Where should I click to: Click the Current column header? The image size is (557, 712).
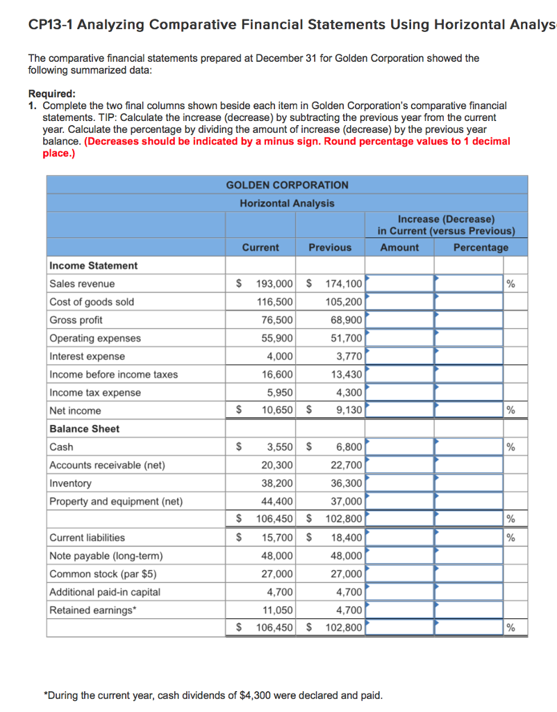pyautogui.click(x=260, y=248)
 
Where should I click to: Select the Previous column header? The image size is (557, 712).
pyautogui.click(x=330, y=248)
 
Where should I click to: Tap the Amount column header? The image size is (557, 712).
pyautogui.click(x=399, y=248)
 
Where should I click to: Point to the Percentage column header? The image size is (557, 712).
pyautogui.click(x=481, y=248)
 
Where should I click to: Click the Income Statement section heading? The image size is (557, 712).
pyautogui.click(x=93, y=266)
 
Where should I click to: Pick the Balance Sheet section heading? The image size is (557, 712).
pyautogui.click(x=84, y=429)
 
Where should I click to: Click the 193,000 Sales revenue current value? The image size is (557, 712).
pyautogui.click(x=274, y=284)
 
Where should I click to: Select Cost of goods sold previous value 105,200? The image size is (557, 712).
pyautogui.click(x=343, y=302)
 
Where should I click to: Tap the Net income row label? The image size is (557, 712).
pyautogui.click(x=75, y=411)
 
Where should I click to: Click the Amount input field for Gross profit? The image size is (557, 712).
pyautogui.click(x=400, y=320)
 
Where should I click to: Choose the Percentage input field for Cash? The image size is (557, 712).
pyautogui.click(x=469, y=447)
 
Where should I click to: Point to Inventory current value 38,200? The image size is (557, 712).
pyautogui.click(x=276, y=483)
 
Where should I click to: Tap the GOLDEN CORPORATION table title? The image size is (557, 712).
pyautogui.click(x=287, y=185)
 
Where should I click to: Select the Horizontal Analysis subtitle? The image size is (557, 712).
pyautogui.click(x=287, y=203)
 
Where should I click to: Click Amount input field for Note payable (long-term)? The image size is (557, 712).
pyautogui.click(x=400, y=556)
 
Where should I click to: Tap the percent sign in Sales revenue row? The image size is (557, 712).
pyautogui.click(x=511, y=284)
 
